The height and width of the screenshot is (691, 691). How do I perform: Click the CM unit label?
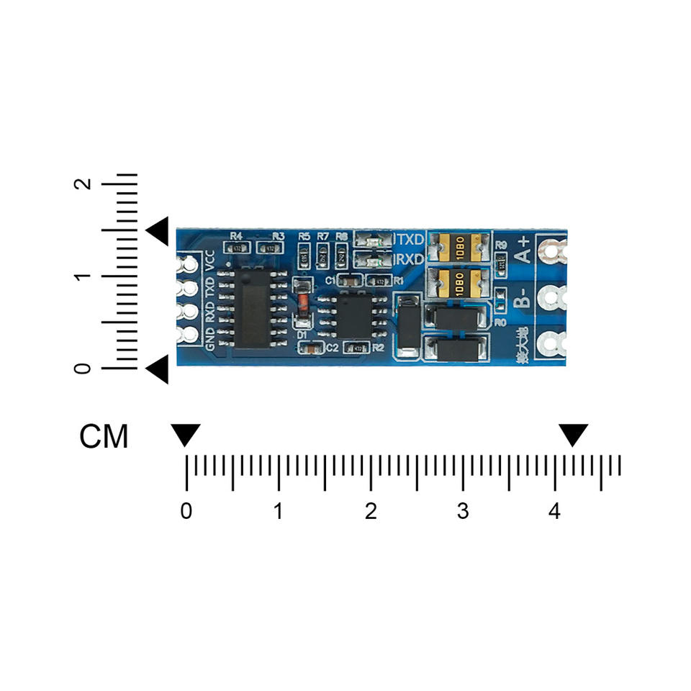[104, 436]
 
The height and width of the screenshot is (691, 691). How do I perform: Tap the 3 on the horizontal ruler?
[463, 512]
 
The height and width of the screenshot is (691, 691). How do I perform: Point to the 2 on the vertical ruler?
[85, 184]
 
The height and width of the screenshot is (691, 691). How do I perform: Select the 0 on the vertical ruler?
[85, 369]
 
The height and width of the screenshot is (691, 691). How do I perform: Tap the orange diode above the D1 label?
[303, 302]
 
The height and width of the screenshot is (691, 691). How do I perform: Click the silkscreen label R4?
[236, 236]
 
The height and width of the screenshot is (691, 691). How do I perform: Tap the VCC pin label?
[209, 261]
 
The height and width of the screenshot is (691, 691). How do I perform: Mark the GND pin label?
[209, 338]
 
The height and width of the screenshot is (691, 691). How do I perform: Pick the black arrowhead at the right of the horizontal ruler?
[574, 435]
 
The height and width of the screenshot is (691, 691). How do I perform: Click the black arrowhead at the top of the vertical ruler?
[158, 230]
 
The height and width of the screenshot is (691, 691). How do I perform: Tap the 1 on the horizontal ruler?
[278, 512]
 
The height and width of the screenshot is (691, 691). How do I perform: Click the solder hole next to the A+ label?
[553, 252]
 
